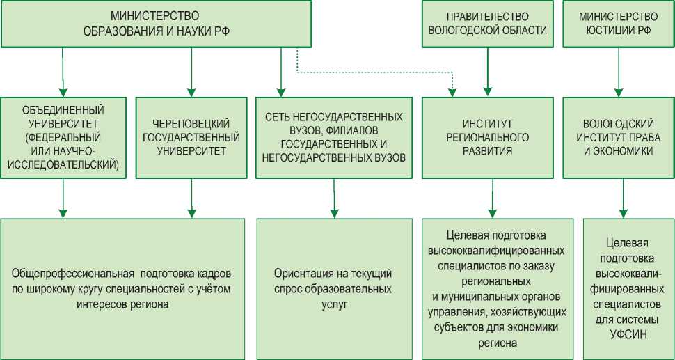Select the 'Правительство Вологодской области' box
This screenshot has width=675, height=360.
tap(486, 24)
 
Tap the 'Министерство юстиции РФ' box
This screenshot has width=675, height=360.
tap(619, 24)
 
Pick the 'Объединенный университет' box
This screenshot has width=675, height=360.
tap(63, 136)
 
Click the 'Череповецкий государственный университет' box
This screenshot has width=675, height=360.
tap(190, 136)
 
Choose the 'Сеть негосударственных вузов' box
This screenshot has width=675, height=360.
tap(334, 136)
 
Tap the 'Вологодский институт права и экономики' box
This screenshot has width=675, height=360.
tap(619, 136)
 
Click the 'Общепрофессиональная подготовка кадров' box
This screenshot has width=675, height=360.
tap(122, 288)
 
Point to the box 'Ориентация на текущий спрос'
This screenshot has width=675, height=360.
tap(334, 288)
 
